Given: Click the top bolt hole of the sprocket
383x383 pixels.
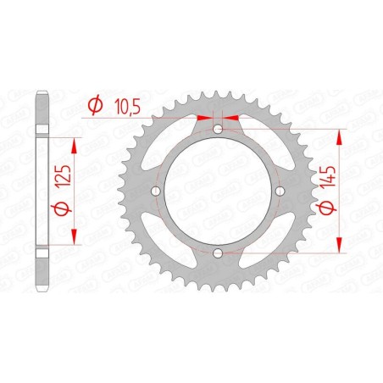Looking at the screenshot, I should coord(218,129).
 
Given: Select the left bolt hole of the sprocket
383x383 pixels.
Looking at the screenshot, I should coord(156,191).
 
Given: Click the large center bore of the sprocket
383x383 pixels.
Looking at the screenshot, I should coord(218,191).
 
